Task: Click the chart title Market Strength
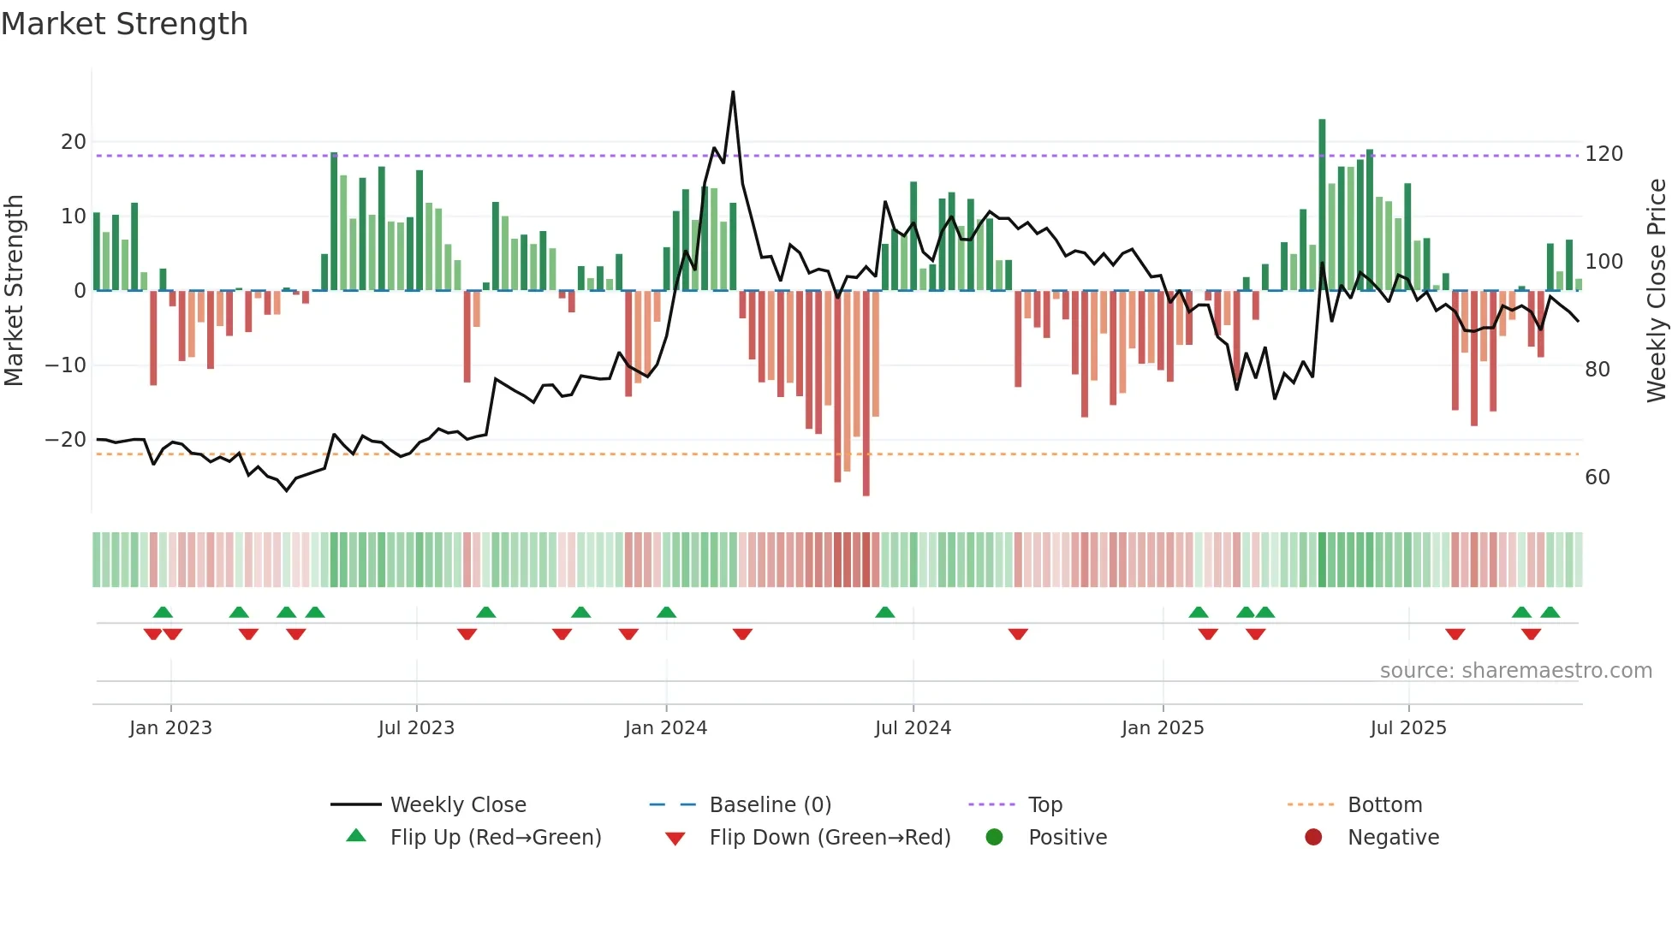coord(124,24)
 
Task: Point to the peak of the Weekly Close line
coord(733,92)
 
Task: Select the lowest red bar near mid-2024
coord(866,492)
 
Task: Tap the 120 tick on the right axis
coord(1604,154)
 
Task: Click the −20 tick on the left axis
coord(66,440)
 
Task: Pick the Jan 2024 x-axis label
coord(665,728)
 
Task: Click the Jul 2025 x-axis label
coord(1407,728)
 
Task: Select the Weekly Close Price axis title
coord(1657,291)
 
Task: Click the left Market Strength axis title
coord(14,291)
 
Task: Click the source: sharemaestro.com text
coord(1515,671)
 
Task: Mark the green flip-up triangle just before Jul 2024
coord(885,613)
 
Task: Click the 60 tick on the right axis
coord(1597,477)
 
